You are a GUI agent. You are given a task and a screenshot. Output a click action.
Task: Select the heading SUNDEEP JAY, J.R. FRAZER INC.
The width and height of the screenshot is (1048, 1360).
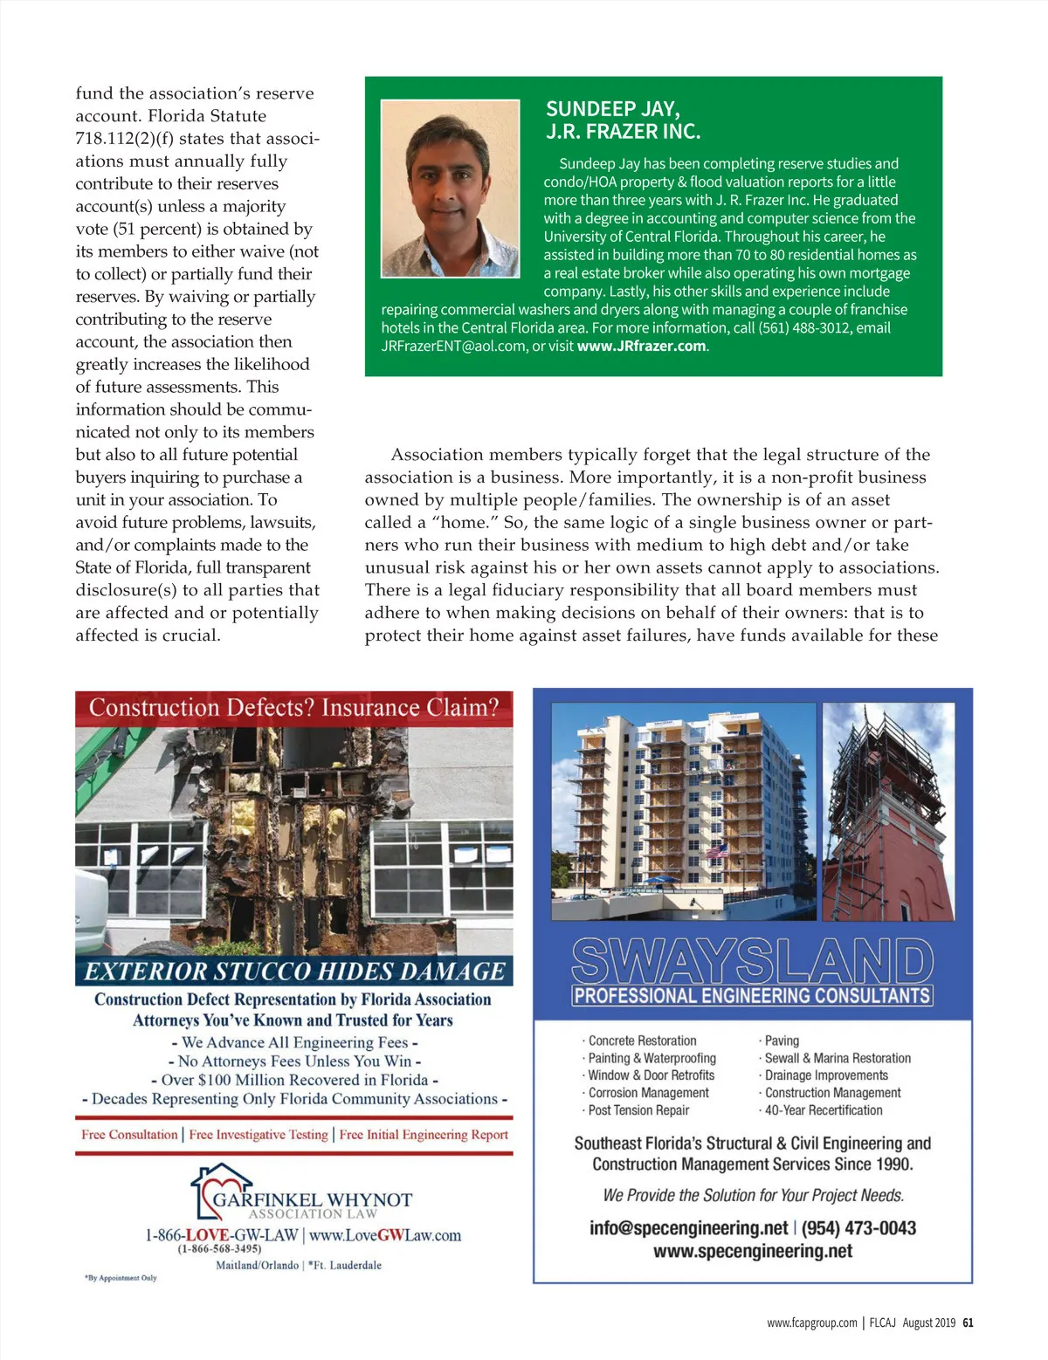pos(623,120)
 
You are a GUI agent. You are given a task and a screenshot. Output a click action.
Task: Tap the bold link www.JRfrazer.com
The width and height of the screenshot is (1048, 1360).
pos(641,347)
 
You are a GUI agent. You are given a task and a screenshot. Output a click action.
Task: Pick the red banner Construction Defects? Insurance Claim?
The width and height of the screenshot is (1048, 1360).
pos(293,708)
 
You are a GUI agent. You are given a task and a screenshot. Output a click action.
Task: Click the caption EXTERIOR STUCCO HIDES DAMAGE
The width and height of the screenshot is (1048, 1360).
pos(294,972)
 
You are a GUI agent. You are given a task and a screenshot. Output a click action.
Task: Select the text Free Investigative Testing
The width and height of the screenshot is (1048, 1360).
pos(259,1135)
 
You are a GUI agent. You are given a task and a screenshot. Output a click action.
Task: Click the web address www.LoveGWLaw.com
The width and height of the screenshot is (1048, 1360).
pos(385,1235)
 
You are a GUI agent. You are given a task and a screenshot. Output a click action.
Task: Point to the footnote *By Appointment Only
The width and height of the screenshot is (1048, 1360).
pos(121,1278)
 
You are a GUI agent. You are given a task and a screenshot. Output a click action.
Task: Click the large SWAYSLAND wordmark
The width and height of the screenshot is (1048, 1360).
pos(752,960)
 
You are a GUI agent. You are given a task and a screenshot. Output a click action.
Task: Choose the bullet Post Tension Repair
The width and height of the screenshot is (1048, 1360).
pos(638,1110)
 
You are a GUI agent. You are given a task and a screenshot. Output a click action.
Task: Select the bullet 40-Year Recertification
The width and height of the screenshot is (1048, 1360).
pos(824,1110)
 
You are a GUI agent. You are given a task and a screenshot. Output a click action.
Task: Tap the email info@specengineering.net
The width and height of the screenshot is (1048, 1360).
pos(688,1228)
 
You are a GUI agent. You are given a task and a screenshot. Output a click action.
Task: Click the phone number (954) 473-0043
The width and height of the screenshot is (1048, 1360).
pos(858,1228)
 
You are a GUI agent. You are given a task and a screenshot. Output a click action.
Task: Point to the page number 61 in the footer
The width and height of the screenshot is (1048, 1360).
pos(968,1322)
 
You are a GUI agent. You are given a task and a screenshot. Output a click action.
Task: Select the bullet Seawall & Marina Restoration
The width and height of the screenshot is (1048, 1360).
pos(838,1058)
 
